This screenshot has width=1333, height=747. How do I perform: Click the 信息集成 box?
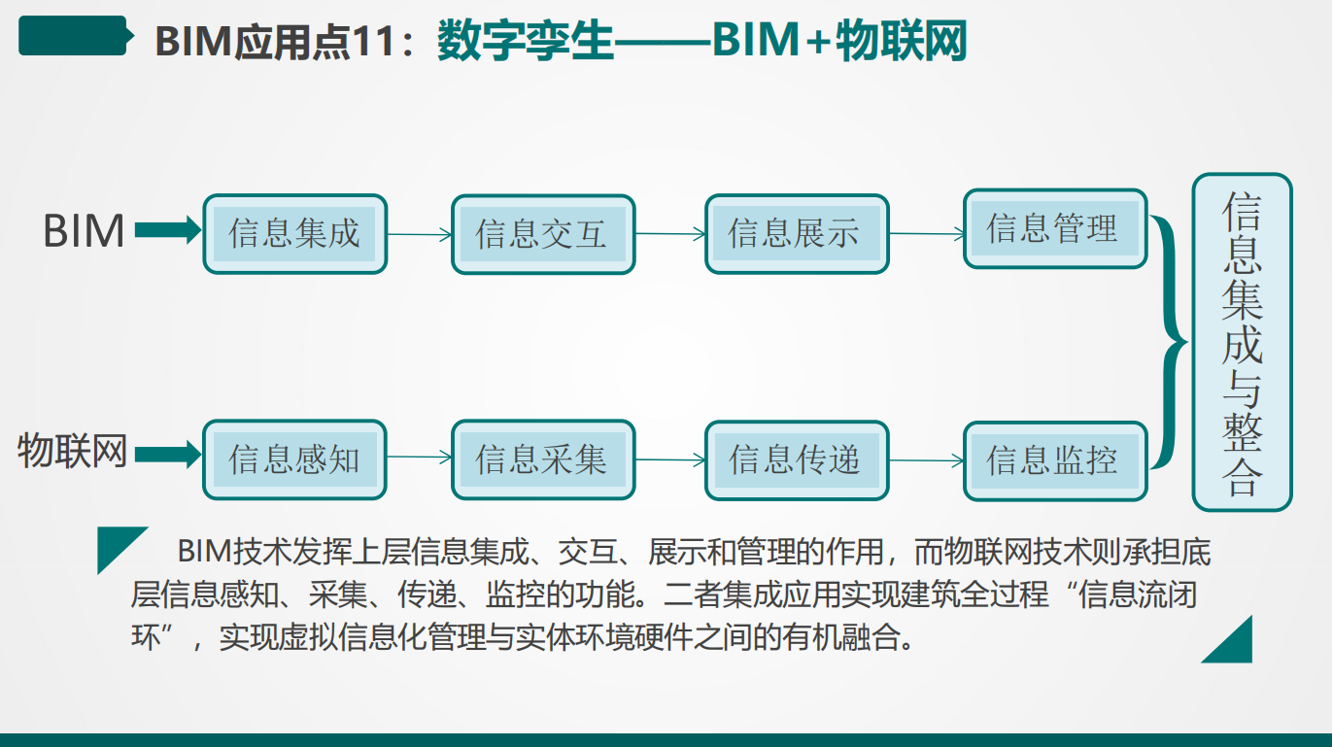pyautogui.click(x=295, y=234)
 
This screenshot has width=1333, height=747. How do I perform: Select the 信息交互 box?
pyautogui.click(x=543, y=234)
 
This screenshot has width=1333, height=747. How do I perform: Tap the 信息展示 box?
pyautogui.click(x=797, y=234)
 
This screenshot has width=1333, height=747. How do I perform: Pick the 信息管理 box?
pyautogui.click(x=1055, y=229)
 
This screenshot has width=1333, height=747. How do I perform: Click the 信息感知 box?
pyautogui.click(x=295, y=459)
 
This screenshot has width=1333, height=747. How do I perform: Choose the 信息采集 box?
pyautogui.click(x=543, y=459)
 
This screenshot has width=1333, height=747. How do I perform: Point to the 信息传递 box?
pyautogui.click(x=797, y=460)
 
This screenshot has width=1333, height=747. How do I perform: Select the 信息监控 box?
pyautogui.click(x=1055, y=461)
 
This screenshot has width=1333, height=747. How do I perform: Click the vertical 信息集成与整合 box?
pyautogui.click(x=1242, y=342)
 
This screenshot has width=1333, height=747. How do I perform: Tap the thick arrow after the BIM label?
pyautogui.click(x=168, y=229)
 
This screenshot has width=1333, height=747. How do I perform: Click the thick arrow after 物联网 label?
pyautogui.click(x=168, y=455)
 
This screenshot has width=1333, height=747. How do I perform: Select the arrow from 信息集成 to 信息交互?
pyautogui.click(x=420, y=234)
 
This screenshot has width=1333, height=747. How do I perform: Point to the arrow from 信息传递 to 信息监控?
pyautogui.click(x=927, y=460)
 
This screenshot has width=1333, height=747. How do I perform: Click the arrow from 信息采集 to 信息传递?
pyautogui.click(x=670, y=459)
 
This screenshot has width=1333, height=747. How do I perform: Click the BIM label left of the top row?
pyautogui.click(x=84, y=231)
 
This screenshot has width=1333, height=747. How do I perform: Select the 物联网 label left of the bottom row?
pyautogui.click(x=73, y=451)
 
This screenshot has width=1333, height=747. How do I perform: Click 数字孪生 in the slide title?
pyautogui.click(x=526, y=41)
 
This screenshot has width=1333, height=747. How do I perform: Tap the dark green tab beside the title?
pyautogui.click(x=76, y=36)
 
